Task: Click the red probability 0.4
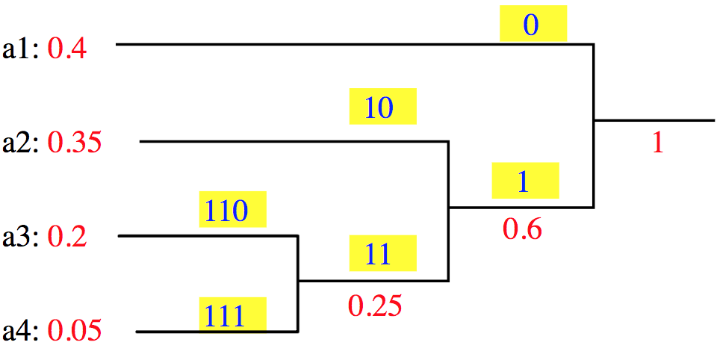point(68,49)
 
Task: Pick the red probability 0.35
point(75,143)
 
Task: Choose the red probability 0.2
point(67,238)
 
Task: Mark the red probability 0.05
point(75,331)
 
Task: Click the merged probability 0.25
point(375,306)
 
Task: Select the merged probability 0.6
point(522,229)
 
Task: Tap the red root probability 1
point(657,143)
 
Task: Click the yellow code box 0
point(533,23)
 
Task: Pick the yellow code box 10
point(383,106)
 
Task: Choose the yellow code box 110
point(233,209)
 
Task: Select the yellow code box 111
point(233,314)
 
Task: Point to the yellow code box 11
point(383,253)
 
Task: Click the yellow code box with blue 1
point(525,180)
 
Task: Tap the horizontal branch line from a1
point(355,44)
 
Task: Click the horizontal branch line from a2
point(294,142)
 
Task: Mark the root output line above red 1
point(654,120)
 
